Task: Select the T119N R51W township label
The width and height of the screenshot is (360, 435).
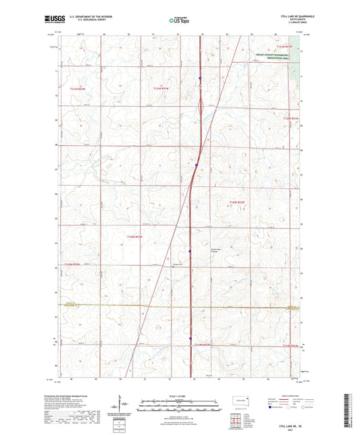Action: (x=290, y=346)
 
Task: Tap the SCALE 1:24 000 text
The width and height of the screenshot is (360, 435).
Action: (x=180, y=394)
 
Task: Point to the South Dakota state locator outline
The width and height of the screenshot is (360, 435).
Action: (x=240, y=400)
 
